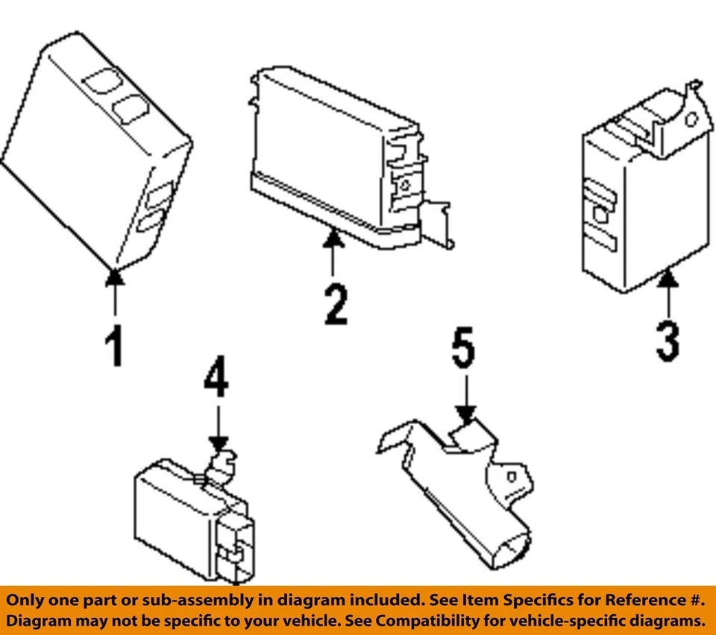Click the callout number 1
click(x=114, y=347)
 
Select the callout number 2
click(x=335, y=305)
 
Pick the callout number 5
click(x=463, y=350)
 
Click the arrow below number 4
click(x=219, y=432)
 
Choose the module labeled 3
click(x=634, y=201)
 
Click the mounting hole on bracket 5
click(x=511, y=475)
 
